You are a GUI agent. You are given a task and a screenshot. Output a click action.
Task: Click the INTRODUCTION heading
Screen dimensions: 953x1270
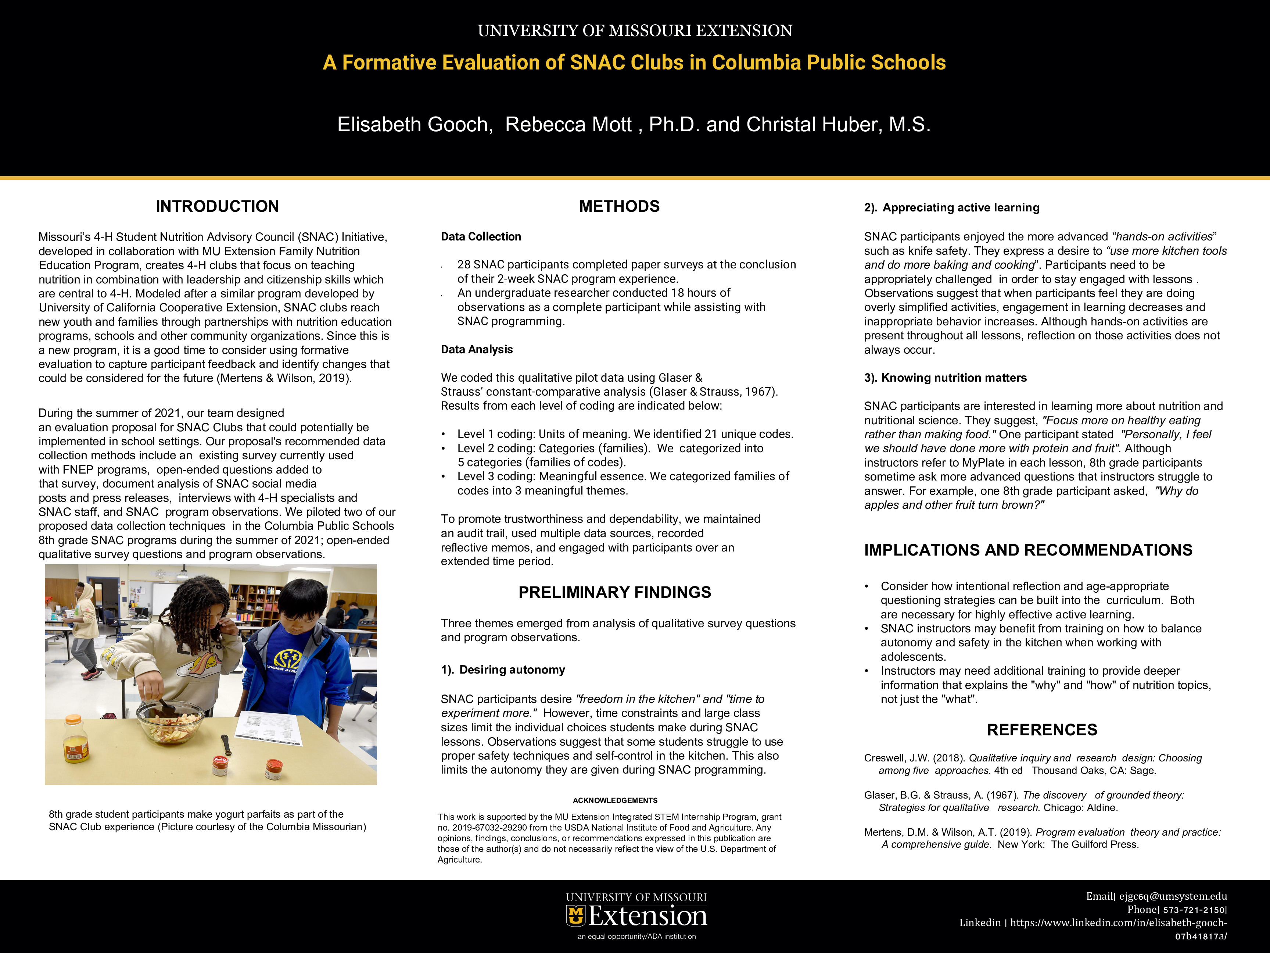click(x=217, y=206)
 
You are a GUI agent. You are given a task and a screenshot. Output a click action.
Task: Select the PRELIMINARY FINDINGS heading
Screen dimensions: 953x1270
click(x=614, y=592)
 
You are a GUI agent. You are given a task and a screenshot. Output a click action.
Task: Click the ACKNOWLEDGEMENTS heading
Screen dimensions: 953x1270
click(x=615, y=800)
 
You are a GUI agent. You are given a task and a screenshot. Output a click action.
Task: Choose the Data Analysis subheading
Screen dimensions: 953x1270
click(x=477, y=349)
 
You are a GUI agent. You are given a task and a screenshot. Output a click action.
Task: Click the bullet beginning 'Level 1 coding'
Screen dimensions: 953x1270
click(x=625, y=434)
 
